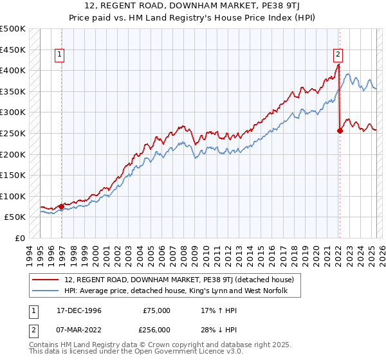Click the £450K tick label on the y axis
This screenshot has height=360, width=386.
click(13, 50)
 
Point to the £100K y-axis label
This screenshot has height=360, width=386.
click(13, 196)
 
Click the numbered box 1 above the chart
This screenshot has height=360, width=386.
click(59, 55)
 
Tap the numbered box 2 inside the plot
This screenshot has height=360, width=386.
click(338, 55)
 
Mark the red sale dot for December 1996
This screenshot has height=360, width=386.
click(62, 206)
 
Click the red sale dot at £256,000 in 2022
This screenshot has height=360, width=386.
click(340, 130)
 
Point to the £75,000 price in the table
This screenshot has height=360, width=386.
click(156, 310)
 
